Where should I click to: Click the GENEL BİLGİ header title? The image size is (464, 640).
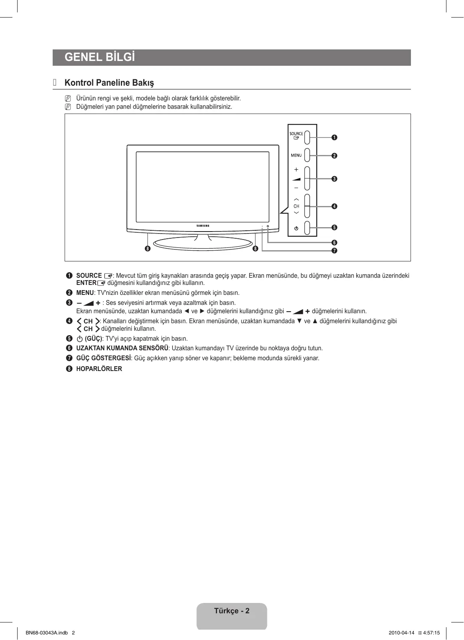click(x=100, y=57)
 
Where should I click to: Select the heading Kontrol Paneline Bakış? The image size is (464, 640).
click(x=109, y=83)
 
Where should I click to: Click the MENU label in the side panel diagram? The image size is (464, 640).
click(x=296, y=155)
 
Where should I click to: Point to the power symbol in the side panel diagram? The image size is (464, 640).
click(x=296, y=228)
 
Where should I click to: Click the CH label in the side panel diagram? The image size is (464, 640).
click(x=296, y=206)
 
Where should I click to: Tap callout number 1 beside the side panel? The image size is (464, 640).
click(x=334, y=137)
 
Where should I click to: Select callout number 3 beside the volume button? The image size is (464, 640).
click(x=334, y=179)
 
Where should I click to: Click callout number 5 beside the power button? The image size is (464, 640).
click(x=334, y=228)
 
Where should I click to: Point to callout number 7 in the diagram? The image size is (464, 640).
click(x=334, y=251)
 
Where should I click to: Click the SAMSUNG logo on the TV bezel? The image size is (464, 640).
click(x=203, y=226)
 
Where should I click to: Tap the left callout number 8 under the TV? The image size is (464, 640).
click(x=148, y=249)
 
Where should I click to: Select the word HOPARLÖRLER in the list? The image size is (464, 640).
click(x=99, y=369)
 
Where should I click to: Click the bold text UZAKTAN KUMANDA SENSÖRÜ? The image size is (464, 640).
click(x=122, y=348)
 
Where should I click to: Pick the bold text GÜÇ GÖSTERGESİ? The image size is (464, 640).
click(x=103, y=358)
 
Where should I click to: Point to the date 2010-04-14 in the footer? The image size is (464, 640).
click(x=401, y=633)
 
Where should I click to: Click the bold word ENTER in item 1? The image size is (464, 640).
click(x=86, y=283)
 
